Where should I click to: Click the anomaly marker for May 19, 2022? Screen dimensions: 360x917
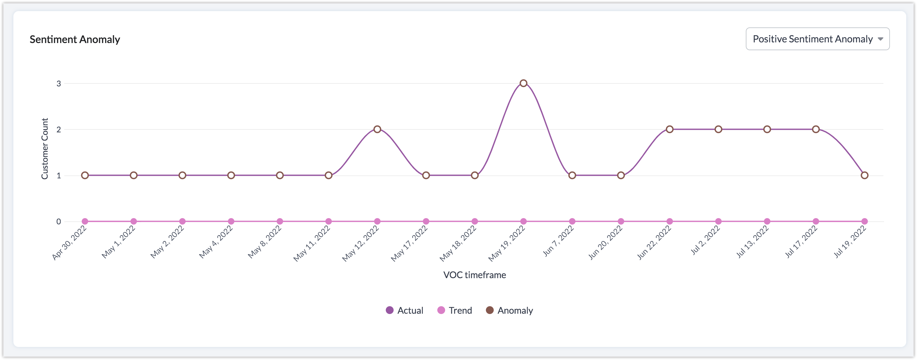pos(523,83)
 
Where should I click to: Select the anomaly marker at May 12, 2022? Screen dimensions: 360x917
pos(377,129)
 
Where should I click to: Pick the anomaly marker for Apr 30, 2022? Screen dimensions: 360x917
pos(85,175)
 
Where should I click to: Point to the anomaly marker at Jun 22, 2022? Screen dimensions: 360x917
pos(669,129)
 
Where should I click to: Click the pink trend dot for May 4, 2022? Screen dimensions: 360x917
pos(231,221)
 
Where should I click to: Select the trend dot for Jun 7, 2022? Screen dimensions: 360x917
pos(572,221)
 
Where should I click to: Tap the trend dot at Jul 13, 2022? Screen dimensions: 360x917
pos(767,221)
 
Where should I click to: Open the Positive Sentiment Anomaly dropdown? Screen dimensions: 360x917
pos(817,39)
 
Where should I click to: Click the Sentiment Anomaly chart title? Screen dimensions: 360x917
pos(75,39)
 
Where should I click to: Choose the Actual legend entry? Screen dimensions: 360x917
pos(405,310)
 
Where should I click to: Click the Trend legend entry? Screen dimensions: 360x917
pos(455,310)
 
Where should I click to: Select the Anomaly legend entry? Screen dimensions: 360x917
pos(509,310)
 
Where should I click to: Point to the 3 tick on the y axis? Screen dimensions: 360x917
pos(59,84)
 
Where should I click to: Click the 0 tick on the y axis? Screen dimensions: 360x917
pos(59,221)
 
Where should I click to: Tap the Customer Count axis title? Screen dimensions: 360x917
pos(44,149)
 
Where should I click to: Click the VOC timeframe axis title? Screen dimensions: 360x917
pos(474,275)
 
